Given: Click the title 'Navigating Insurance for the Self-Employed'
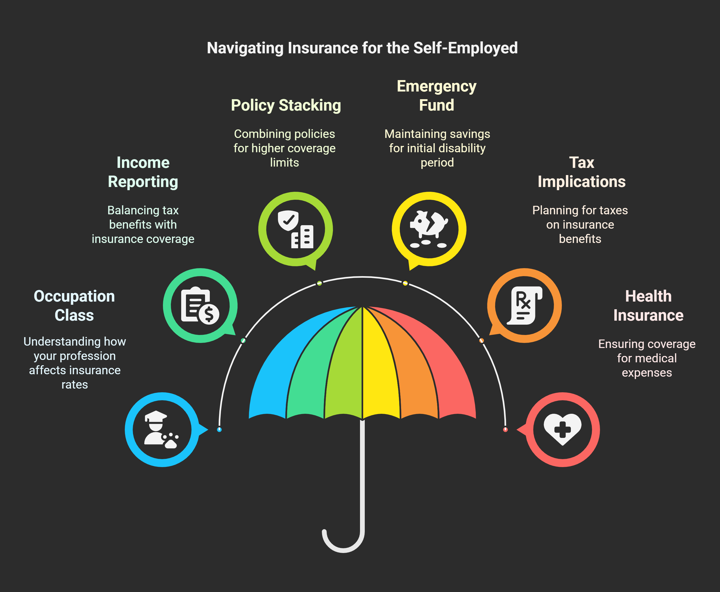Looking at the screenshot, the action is tap(362, 48).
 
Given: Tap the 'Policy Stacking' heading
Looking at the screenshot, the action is tap(286, 105).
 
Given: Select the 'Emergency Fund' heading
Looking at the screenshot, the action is tap(436, 95).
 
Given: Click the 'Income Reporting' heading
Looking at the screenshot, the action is tap(143, 172).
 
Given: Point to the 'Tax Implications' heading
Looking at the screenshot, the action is tap(581, 172).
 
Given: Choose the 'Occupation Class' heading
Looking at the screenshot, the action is tap(74, 306).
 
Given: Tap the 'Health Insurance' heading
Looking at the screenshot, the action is tap(648, 306).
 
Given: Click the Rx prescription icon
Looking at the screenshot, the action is tap(525, 305).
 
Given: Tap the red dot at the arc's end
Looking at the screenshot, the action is tap(505, 429).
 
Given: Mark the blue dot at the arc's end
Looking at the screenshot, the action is tap(219, 429).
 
